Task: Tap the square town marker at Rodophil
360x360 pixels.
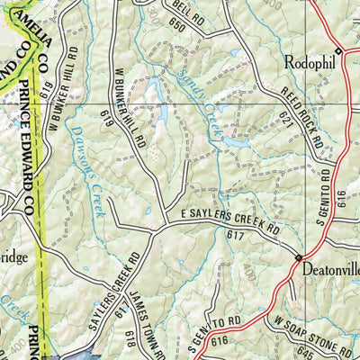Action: pos(338,49)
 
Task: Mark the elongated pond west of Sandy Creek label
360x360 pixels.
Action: pos(154,90)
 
